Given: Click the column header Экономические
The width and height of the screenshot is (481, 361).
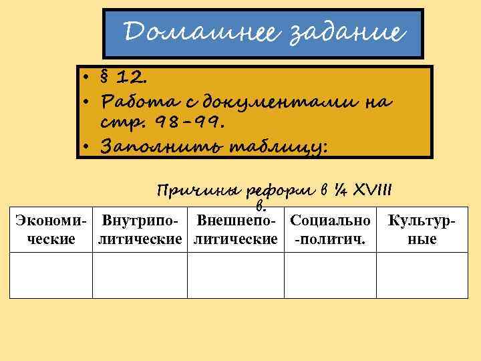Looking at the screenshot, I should point(51,229).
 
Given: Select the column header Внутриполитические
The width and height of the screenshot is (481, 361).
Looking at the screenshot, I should point(140,229).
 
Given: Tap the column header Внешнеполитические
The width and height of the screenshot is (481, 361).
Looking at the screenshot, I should point(235,229).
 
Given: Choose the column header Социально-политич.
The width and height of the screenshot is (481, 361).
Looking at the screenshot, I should point(329,229).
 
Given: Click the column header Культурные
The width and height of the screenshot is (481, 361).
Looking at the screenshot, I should point(422,229).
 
